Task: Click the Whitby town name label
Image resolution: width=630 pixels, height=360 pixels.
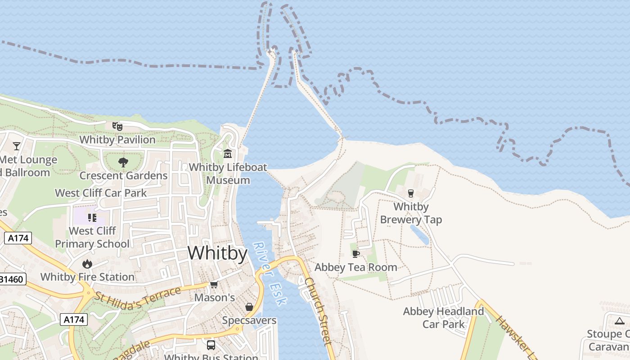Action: coord(217,253)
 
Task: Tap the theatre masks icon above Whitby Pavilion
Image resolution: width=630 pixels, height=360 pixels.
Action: coord(117,126)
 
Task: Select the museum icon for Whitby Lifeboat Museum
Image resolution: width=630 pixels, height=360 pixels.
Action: coord(228,154)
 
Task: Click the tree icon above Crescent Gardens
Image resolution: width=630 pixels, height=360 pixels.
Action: coord(123,162)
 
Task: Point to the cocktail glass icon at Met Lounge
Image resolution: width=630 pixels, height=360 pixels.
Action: coord(17,146)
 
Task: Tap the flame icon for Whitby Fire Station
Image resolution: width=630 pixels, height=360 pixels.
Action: coord(87,264)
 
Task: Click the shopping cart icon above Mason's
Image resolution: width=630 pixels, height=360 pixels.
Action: coord(214,285)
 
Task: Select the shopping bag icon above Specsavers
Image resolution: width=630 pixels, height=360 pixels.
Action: coord(249,307)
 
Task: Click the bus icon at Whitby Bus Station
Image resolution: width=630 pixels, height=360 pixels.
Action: coord(211,345)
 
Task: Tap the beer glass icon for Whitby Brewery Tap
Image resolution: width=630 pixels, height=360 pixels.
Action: coord(410,193)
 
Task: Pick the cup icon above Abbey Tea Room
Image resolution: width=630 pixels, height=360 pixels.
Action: coord(355,254)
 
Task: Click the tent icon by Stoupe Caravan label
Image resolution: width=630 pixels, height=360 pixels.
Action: coord(620,321)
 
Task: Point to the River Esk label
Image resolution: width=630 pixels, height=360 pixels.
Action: coord(270,274)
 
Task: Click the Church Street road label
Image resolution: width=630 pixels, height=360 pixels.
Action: coord(318,310)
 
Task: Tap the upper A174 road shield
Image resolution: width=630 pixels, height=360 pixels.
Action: coord(18,238)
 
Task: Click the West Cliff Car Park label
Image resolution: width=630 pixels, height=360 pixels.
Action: coord(101,193)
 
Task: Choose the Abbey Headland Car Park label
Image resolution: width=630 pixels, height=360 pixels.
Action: coord(443,317)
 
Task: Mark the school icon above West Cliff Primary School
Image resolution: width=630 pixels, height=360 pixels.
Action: coord(92,218)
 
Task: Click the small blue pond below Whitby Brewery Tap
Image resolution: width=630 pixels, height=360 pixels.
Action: coord(419,234)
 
